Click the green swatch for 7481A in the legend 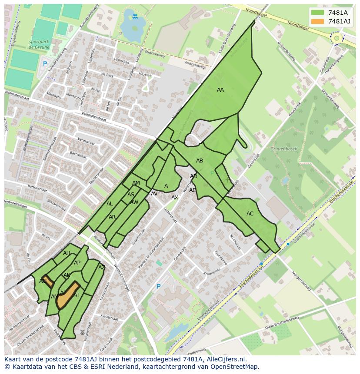tap(318, 13)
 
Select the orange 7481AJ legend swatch tap(318, 21)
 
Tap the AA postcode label tap(220, 90)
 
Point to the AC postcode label tap(250, 214)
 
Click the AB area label tap(200, 161)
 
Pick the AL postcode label tap(110, 204)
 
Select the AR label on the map tap(112, 217)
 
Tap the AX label tap(175, 198)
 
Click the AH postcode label tap(67, 253)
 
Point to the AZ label tap(102, 268)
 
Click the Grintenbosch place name tap(284, 149)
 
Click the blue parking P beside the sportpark tap(44, 64)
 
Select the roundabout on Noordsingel tap(336, 38)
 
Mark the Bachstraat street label tap(78, 154)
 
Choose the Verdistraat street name tap(86, 142)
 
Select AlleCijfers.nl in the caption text tap(225, 359)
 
